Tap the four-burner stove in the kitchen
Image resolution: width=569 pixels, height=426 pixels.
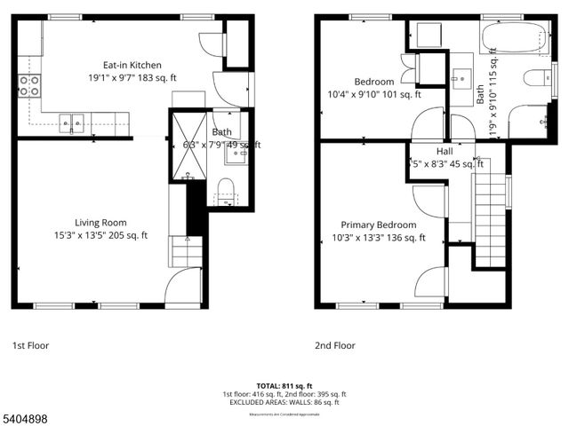coord(29,86)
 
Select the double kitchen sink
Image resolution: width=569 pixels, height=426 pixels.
coord(72,122)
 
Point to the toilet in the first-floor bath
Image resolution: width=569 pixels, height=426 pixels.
coord(225,186)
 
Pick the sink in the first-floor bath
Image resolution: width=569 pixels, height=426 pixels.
coord(235,153)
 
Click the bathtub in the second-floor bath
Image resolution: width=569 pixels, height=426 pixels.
coord(515,39)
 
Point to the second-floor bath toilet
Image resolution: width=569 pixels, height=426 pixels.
coord(539,78)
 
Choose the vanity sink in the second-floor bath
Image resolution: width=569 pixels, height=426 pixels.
coord(461,76)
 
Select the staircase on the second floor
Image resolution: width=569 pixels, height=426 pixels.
coord(488,217)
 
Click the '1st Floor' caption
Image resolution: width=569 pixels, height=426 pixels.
coord(32,345)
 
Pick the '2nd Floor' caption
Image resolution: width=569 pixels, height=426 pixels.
coord(334,345)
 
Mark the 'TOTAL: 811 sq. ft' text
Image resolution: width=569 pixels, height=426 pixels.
coord(284,385)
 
